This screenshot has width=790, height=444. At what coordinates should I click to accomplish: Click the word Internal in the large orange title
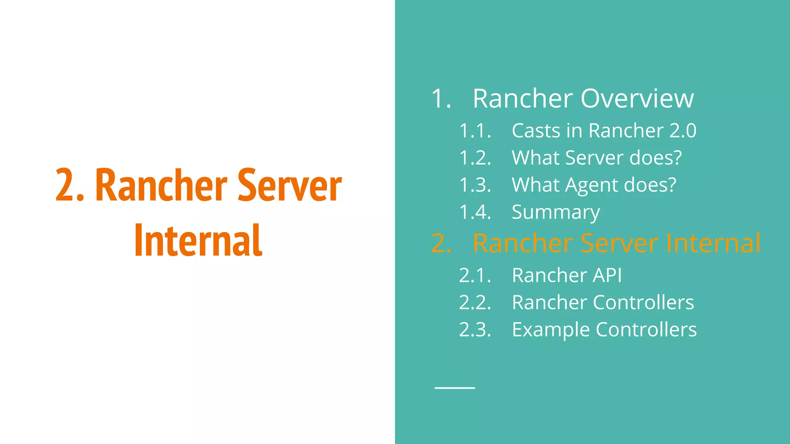tap(198, 240)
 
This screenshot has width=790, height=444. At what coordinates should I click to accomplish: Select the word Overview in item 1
tap(637, 99)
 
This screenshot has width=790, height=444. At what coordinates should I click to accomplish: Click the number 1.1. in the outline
tap(475, 131)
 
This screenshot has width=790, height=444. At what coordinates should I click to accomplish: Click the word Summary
tap(555, 212)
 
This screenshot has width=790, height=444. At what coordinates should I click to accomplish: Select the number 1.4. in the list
tap(475, 212)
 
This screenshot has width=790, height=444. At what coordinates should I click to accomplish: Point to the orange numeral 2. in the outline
tap(441, 244)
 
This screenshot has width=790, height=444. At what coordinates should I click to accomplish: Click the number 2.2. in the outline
tap(475, 303)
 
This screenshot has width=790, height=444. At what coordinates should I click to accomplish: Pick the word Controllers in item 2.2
tap(643, 303)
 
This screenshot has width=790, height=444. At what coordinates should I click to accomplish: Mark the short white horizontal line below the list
tap(454, 388)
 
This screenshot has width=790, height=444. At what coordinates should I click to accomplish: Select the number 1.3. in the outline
tap(475, 185)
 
